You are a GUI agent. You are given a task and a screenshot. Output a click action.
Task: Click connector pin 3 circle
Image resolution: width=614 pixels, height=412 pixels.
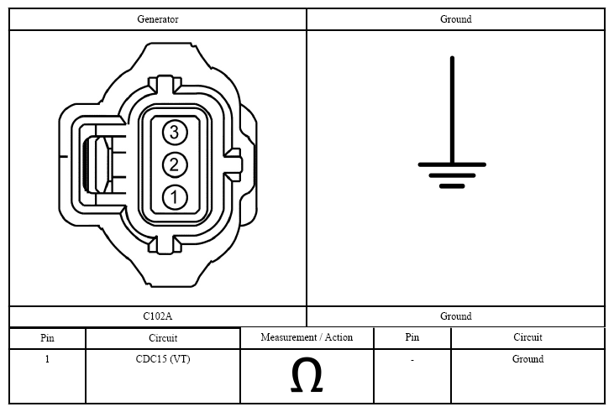[x=175, y=133]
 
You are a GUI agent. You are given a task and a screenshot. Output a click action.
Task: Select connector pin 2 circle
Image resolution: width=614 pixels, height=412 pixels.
[x=175, y=164]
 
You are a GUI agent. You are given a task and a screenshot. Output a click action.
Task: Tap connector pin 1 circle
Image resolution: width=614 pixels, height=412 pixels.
[x=175, y=197]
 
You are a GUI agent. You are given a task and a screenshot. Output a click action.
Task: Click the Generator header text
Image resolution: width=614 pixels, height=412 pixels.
[x=158, y=19]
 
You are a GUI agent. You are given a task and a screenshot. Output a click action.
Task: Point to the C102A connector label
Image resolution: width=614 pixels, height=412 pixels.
[x=157, y=316]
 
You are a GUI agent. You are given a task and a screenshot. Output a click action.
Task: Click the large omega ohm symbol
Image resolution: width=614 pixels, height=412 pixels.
[x=307, y=376]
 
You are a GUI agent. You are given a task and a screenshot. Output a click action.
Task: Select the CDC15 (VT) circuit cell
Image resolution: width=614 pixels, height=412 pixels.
[x=163, y=359]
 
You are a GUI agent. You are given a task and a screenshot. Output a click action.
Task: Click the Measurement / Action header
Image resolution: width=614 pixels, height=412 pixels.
[x=307, y=337]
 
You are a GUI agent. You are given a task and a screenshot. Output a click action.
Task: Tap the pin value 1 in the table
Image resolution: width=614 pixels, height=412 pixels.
[x=47, y=359]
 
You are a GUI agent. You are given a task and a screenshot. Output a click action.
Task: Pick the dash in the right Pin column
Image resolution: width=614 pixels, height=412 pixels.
[x=412, y=360]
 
